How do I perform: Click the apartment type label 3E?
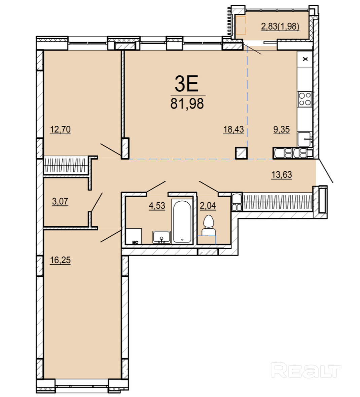[186, 84]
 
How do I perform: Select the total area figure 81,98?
[187, 104]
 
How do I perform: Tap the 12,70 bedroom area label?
[60, 130]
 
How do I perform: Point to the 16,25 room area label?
[60, 260]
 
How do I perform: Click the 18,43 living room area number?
[233, 129]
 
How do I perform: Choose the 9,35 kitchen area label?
[281, 129]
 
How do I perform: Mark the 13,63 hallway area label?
[282, 175]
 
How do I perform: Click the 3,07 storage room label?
[60, 202]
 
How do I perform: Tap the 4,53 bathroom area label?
[157, 206]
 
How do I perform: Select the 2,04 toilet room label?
[208, 206]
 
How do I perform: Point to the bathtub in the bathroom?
[182, 221]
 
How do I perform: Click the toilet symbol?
[209, 226]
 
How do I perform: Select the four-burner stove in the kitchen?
[305, 99]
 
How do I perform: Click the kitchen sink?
[305, 139]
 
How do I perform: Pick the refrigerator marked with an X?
[305, 59]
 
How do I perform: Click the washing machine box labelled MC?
[134, 236]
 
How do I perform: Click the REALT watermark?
[306, 370]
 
